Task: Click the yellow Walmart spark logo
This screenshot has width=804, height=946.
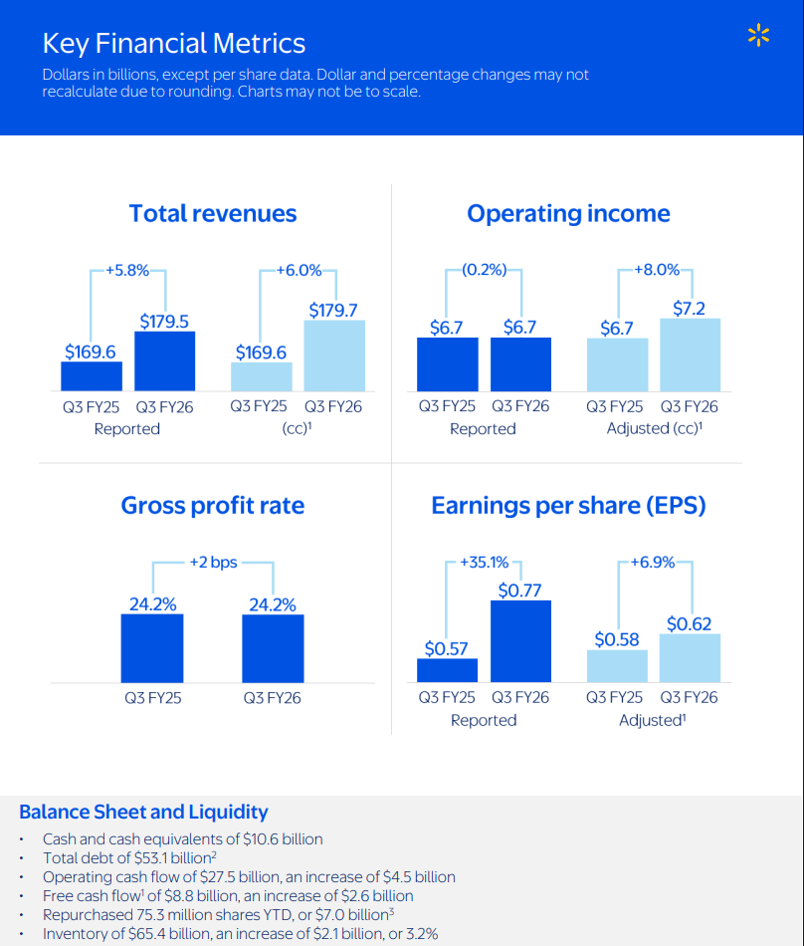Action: tap(758, 37)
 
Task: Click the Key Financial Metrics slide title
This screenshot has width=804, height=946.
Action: tap(174, 44)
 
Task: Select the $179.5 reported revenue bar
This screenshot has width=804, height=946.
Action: tap(164, 360)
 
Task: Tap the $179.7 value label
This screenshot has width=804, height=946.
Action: tap(333, 311)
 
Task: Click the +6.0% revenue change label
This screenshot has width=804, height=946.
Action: tap(299, 270)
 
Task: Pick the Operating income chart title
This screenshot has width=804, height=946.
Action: tap(568, 213)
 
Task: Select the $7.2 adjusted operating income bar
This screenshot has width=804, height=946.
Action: tap(690, 355)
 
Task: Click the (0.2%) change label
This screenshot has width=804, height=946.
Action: tap(484, 270)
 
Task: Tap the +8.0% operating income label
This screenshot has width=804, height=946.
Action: tap(656, 270)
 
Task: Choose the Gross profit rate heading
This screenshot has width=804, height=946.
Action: tap(213, 506)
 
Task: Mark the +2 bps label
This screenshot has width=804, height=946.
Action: tap(214, 563)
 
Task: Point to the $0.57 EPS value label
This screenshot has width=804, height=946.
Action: tap(446, 648)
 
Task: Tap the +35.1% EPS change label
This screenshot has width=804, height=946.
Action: tap(485, 563)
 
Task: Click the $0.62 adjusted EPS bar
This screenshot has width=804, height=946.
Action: tap(690, 657)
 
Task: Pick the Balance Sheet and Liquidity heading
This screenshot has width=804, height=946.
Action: tap(143, 812)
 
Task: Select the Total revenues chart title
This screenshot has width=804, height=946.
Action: tap(213, 213)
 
